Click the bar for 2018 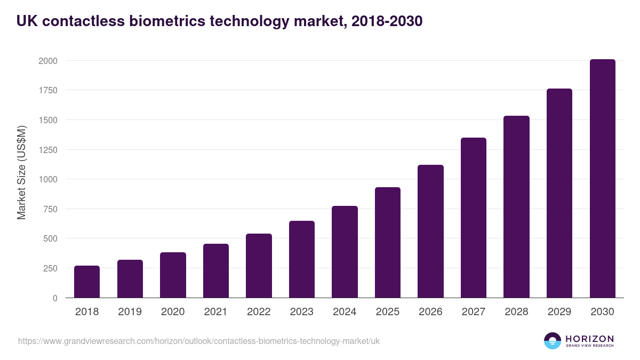click(x=87, y=282)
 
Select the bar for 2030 click(x=602, y=179)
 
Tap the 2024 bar click(x=345, y=252)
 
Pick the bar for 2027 click(x=474, y=218)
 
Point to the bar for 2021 click(x=216, y=271)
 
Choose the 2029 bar click(x=559, y=193)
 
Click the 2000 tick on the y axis click(x=47, y=61)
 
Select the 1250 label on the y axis click(x=47, y=150)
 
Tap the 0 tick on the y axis click(x=55, y=298)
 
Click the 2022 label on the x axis click(x=259, y=312)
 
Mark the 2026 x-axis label click(x=430, y=312)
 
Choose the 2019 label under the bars click(x=130, y=312)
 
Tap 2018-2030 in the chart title click(x=387, y=21)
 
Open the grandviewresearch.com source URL click(x=199, y=341)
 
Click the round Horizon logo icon click(x=553, y=341)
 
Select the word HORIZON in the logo click(x=589, y=338)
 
